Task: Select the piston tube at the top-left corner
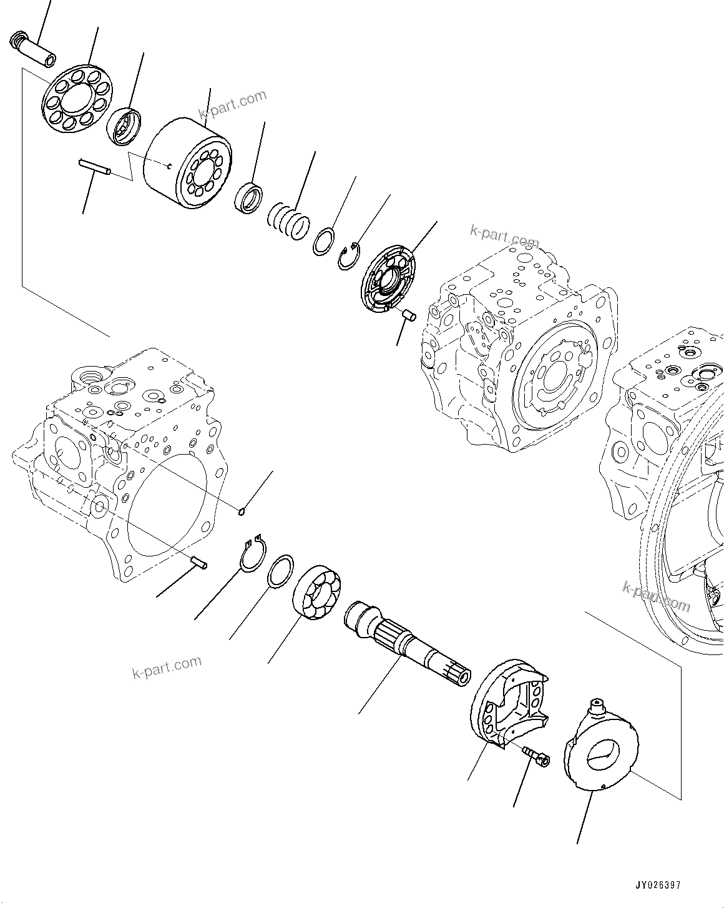(34, 51)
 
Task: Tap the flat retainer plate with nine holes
(76, 99)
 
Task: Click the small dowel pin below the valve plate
(409, 315)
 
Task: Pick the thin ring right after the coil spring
(325, 243)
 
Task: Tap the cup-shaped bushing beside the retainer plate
(125, 126)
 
